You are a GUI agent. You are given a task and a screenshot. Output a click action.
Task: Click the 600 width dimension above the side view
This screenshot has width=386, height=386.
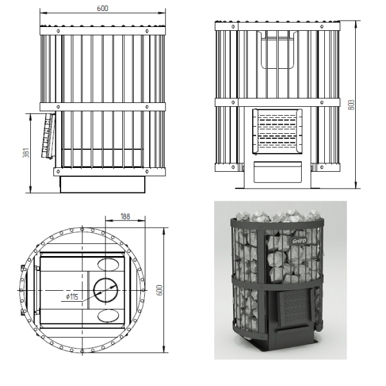(x=102, y=8)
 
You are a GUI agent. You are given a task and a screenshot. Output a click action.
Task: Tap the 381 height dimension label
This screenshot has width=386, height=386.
(x=26, y=152)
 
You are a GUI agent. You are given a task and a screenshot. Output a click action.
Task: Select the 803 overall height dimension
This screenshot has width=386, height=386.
(x=352, y=105)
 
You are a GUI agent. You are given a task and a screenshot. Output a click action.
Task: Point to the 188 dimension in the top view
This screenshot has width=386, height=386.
(x=125, y=216)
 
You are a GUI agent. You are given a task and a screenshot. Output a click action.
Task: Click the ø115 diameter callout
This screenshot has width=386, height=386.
(x=72, y=297)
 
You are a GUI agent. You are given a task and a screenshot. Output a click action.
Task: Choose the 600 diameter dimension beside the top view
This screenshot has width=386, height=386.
(x=160, y=290)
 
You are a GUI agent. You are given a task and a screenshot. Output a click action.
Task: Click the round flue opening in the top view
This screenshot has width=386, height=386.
(x=106, y=290)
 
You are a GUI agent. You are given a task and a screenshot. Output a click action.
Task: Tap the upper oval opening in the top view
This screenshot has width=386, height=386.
(x=108, y=264)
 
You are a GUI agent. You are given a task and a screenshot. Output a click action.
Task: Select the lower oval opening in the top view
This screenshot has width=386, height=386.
(x=108, y=316)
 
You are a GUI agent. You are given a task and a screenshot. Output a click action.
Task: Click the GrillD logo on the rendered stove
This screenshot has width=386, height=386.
(x=299, y=241)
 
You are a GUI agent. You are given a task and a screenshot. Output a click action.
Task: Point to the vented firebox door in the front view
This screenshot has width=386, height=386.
(x=277, y=131)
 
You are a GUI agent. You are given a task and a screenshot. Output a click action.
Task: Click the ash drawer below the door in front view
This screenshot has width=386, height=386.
(x=278, y=172)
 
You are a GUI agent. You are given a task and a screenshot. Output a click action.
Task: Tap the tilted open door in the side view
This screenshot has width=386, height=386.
(x=48, y=135)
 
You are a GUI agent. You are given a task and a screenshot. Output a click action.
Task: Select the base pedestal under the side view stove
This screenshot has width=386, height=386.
(x=103, y=185)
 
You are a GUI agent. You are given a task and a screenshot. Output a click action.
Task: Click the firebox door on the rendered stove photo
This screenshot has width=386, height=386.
(x=295, y=308)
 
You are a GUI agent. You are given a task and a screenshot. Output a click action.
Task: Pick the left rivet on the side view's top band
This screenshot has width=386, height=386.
(x=58, y=31)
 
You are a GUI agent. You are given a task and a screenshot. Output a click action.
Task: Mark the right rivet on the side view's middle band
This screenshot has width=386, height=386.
(x=147, y=107)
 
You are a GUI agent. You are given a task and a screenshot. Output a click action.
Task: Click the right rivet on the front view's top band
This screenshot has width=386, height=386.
(x=322, y=26)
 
